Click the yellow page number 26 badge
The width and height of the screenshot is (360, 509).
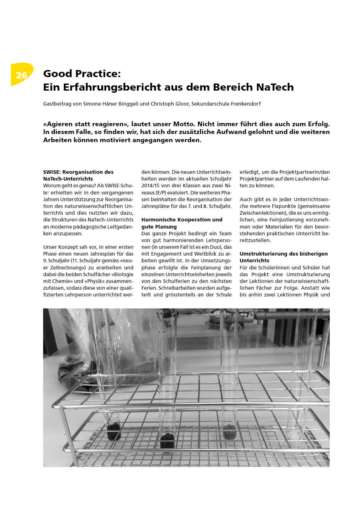point(22,75)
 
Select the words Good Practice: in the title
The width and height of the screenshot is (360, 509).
point(82,74)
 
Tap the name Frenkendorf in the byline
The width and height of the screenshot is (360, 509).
point(246,104)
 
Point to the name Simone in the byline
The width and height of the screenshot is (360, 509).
point(92,104)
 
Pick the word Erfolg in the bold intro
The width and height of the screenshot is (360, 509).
point(317,124)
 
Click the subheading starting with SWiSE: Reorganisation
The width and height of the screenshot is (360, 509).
point(78,175)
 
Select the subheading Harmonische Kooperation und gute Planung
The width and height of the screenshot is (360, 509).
point(182,223)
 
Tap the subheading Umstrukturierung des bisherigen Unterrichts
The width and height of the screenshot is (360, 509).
point(284,257)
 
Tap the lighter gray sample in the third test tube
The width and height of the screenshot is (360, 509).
point(229,431)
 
